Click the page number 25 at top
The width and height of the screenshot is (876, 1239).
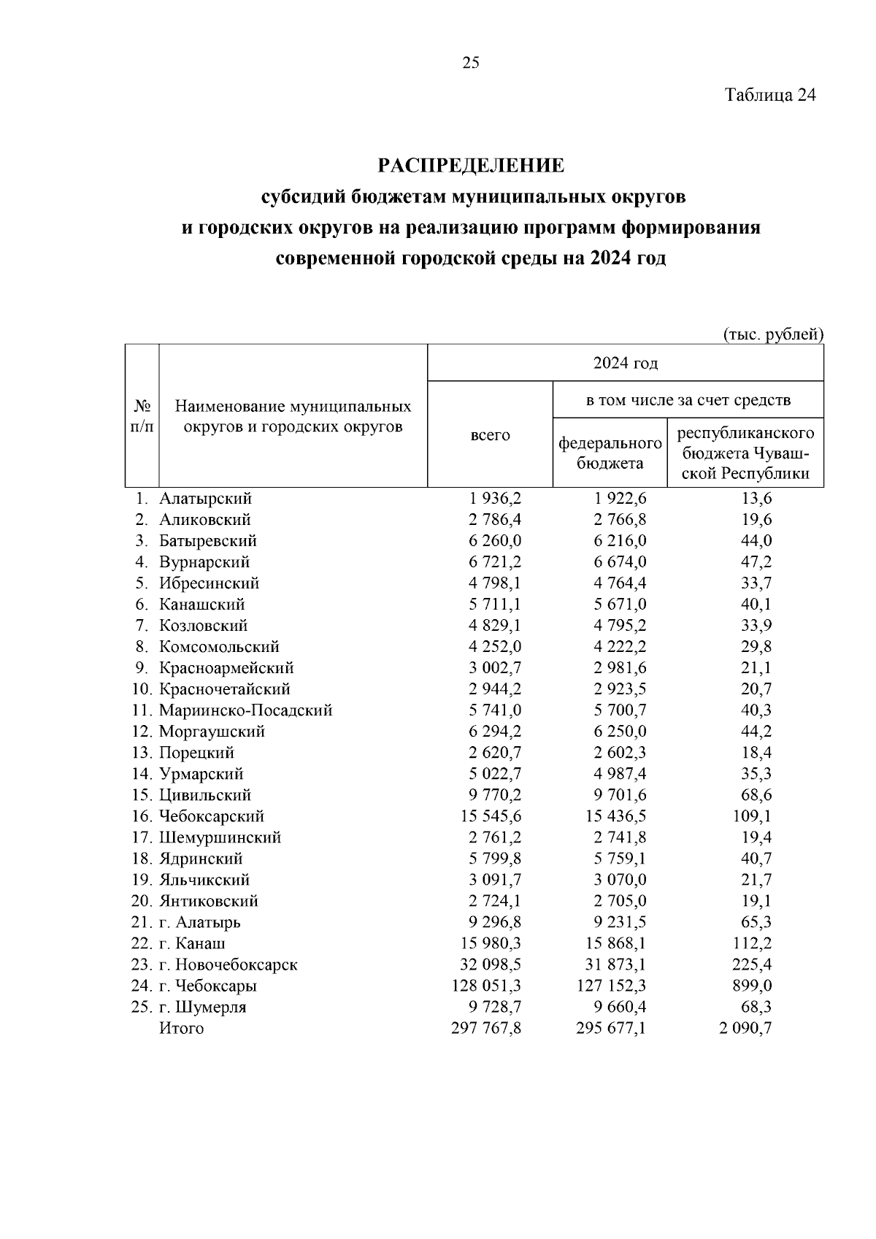pos(471,63)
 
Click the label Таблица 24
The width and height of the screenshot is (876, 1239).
pos(770,95)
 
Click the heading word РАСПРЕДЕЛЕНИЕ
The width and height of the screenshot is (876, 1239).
pos(471,166)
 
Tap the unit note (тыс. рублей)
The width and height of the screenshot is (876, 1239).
pos(773,334)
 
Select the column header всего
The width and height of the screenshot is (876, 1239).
pos(490,435)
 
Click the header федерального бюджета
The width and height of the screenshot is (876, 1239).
pos(610,453)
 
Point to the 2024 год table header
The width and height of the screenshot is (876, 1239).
pos(625,363)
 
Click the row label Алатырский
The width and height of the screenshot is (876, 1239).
pos(206,499)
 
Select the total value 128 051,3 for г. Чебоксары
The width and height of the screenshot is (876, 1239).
pos(487,986)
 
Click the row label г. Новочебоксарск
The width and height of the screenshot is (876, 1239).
pos(228,964)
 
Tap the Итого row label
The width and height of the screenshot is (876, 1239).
pos(182,1028)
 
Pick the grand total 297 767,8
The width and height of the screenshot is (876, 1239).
pos(487,1028)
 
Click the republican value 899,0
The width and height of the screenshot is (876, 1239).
pos(752,986)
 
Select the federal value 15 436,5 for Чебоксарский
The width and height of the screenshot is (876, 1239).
pos(616,816)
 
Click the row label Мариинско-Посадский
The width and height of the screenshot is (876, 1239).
pos(246,710)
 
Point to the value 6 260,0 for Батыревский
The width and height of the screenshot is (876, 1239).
pos(496,541)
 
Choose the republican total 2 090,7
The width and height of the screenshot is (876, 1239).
pos(746,1028)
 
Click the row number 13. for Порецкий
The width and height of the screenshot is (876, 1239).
pos(143,753)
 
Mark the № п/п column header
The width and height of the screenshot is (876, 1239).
pos(142,416)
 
